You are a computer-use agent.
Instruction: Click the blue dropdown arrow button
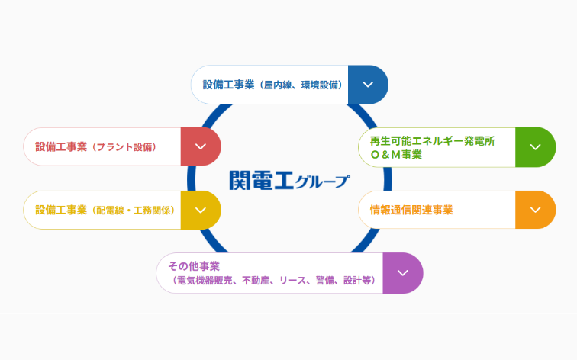point(368,85)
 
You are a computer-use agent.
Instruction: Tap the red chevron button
point(201,146)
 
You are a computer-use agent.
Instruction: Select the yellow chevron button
point(201,210)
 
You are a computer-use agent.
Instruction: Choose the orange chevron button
point(536,210)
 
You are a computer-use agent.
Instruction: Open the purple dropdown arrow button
point(403,273)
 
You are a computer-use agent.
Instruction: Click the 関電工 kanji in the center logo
point(261,180)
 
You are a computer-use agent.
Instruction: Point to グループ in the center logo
point(322,182)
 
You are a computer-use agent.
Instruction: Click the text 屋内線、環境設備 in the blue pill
point(301,85)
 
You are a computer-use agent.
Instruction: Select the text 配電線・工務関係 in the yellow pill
point(134,211)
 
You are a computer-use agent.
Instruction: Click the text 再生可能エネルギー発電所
point(433,141)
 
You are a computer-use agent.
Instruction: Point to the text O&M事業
point(396,155)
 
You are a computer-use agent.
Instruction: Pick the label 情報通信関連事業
point(411,210)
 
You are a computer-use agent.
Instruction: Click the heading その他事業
point(194,266)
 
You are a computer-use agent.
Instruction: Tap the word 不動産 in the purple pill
point(256,281)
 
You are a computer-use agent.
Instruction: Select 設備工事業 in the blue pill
point(228,85)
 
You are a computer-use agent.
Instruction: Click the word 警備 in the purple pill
point(324,281)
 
